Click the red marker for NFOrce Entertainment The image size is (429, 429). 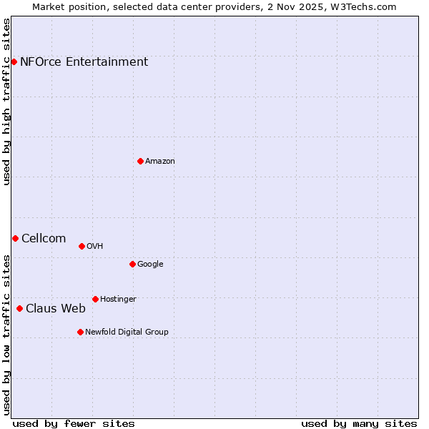coord(14,61)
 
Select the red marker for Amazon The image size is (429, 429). coord(140,161)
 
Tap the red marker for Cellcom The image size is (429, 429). coord(15,238)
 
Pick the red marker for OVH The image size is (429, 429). coord(82,246)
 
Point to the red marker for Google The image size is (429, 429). coord(132,264)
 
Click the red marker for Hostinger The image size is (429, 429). coord(95,299)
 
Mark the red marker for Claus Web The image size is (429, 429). coord(19,308)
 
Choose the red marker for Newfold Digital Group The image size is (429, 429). coord(80,332)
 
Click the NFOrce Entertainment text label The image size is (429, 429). coord(84,61)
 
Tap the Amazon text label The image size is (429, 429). coord(160,161)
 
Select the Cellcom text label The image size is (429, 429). coord(44,238)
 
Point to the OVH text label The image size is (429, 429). coord(95,246)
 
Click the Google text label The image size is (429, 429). coord(150,264)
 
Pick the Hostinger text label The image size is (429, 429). coord(118,299)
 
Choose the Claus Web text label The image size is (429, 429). coord(56,308)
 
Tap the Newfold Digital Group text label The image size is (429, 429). coord(127,332)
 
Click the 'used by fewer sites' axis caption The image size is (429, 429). coord(74,423)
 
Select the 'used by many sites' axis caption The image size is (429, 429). coord(359,423)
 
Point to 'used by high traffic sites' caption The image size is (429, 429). coord(7,102)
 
